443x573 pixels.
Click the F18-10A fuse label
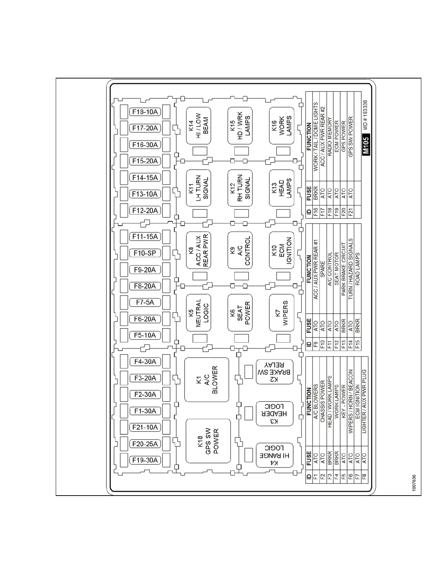point(145,112)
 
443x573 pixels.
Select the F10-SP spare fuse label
point(145,253)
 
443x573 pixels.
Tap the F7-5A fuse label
point(145,302)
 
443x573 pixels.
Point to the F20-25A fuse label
point(145,444)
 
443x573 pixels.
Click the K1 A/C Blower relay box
point(207,380)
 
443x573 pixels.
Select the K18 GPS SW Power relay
point(208,441)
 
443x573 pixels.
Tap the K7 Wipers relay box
point(282,313)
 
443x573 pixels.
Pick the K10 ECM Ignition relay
point(282,250)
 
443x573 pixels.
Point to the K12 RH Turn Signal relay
point(240,188)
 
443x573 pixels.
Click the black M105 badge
point(366,145)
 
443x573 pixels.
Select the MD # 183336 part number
point(365,115)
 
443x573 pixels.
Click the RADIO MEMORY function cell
point(329,136)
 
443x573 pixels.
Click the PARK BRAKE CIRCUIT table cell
point(343,269)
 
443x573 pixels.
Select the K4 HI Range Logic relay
point(274,455)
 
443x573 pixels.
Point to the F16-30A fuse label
point(145,145)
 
